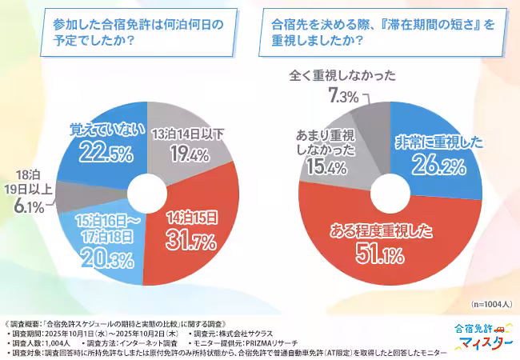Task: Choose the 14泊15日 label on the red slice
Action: [192, 217]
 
